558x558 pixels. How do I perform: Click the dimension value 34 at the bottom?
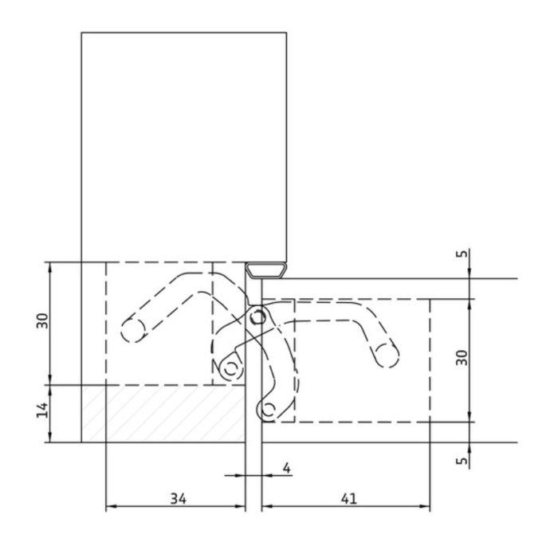[x=178, y=498]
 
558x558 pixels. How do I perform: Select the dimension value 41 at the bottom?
[x=348, y=498]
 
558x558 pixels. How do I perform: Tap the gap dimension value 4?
[x=286, y=467]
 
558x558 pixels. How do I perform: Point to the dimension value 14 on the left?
[x=43, y=410]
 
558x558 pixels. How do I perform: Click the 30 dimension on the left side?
[x=43, y=320]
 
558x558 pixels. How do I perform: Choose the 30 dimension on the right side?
[x=462, y=358]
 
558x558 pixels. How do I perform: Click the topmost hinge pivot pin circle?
[x=257, y=318]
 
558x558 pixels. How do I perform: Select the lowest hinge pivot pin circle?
[x=269, y=410]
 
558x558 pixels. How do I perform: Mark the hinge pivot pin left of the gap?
[x=231, y=368]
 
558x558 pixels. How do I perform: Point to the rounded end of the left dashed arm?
[x=132, y=328]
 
